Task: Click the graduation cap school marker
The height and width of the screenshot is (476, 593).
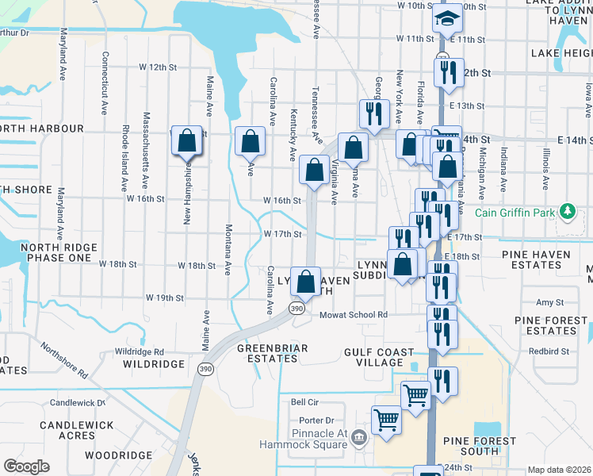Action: coord(448,17)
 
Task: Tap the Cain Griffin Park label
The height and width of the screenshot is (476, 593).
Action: coord(515,213)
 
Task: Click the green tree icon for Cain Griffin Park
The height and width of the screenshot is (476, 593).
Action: coord(567,212)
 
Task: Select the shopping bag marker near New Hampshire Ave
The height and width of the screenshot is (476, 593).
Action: coord(186,141)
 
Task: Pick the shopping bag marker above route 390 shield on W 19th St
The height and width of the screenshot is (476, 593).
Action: coord(305,281)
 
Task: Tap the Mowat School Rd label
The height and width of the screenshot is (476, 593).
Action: coord(354,315)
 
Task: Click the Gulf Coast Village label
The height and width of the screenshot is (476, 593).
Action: coord(379,357)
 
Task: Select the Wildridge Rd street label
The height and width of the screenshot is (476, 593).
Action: coord(139,351)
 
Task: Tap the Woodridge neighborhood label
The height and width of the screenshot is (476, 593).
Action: coord(118,455)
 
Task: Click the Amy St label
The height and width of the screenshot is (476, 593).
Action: coord(549,302)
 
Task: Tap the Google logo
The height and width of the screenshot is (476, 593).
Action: coord(26,466)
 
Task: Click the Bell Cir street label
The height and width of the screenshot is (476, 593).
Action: coord(304,402)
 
